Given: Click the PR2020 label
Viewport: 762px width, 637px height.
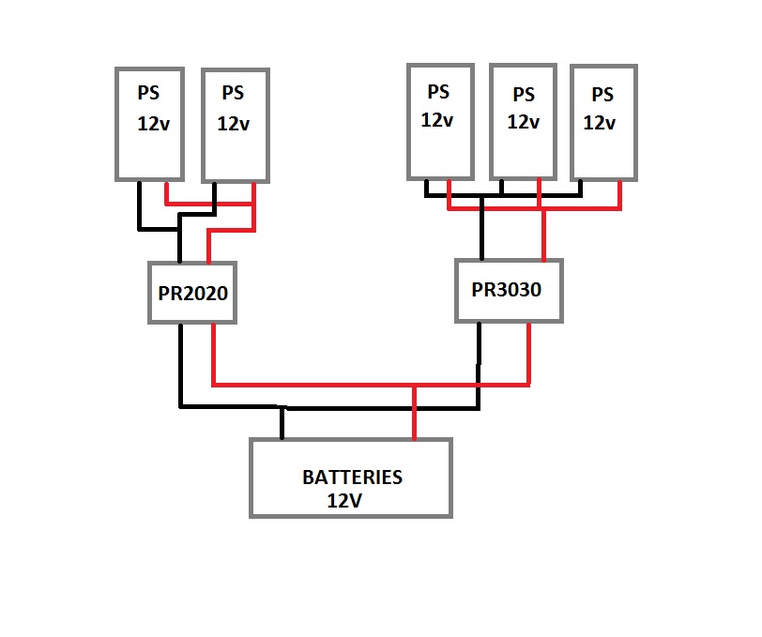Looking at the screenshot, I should click(192, 293).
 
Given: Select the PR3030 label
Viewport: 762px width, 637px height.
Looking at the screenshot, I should click(507, 290).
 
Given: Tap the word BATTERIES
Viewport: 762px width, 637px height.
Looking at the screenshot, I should click(352, 478).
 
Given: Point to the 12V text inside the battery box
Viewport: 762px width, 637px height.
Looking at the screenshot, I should click(344, 500).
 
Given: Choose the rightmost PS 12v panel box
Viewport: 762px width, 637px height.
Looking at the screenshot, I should click(603, 121).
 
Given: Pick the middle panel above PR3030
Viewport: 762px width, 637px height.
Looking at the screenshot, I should click(523, 121).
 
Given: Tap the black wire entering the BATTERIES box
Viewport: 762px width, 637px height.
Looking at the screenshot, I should click(282, 424).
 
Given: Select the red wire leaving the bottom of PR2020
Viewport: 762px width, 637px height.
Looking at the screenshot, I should click(215, 352).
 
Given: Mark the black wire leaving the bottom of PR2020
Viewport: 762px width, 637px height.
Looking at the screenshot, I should click(179, 361).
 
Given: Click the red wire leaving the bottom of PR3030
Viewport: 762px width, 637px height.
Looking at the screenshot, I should click(528, 352).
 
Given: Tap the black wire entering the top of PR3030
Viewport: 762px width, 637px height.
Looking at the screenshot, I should click(481, 230).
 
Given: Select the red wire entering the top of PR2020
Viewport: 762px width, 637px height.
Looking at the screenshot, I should click(208, 248).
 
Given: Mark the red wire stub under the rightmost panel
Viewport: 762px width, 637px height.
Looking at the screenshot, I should click(620, 193).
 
